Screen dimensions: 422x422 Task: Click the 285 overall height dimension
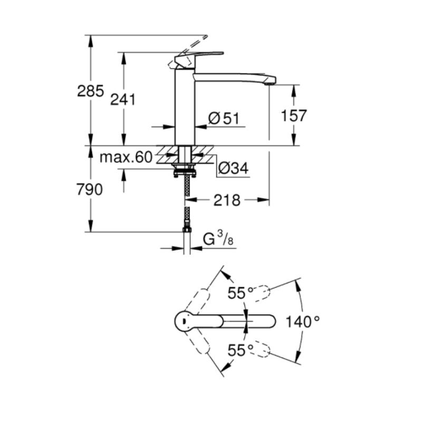click(x=90, y=91)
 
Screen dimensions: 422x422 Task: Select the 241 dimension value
click(x=123, y=99)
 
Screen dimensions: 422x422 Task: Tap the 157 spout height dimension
click(x=294, y=116)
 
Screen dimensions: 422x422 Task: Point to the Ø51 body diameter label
click(x=224, y=118)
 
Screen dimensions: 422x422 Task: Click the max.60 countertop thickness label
click(x=126, y=157)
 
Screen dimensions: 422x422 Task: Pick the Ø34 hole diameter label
click(x=233, y=168)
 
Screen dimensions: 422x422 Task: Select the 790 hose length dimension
click(x=90, y=189)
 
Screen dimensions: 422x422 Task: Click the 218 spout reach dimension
click(x=227, y=200)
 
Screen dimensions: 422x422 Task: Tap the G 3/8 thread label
click(x=218, y=238)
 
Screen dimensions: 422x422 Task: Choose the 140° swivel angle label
click(x=302, y=322)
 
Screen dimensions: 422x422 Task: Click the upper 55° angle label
click(x=241, y=293)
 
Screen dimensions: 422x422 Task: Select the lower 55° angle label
click(x=241, y=350)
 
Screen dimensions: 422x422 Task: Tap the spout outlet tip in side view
click(x=270, y=84)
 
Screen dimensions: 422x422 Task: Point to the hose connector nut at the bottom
click(x=187, y=229)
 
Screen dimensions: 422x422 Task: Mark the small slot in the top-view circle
click(x=183, y=321)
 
